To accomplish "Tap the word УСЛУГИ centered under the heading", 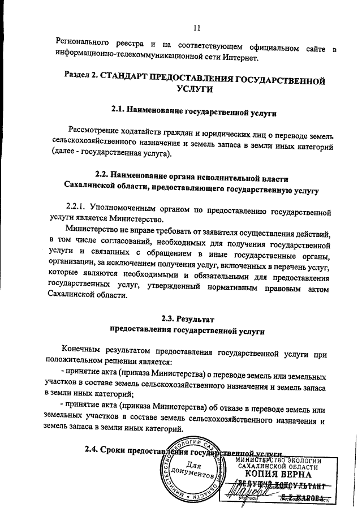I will click(196, 89).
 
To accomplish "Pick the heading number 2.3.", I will click(170, 318).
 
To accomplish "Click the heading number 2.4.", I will click(93, 450).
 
